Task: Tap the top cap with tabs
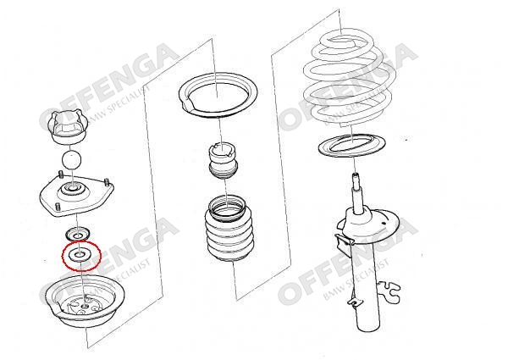[68, 127]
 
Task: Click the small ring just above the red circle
[77, 234]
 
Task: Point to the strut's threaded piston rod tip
[356, 177]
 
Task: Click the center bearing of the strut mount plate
[72, 187]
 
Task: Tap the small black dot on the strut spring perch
[384, 224]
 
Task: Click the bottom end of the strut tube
[367, 328]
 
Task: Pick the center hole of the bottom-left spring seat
[85, 306]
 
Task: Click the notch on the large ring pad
[187, 104]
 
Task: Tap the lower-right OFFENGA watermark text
[348, 261]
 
